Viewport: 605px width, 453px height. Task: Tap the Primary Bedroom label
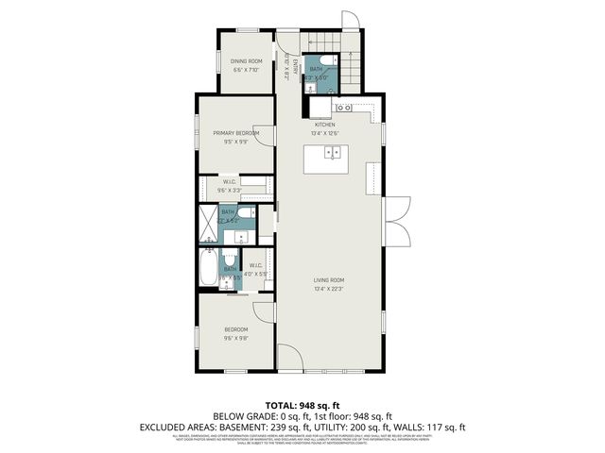pyautogui.click(x=235, y=134)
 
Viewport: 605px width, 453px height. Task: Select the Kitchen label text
pyautogui.click(x=325, y=124)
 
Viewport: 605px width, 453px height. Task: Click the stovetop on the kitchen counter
pyautogui.click(x=343, y=108)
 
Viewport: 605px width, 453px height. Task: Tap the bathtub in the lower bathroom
pyautogui.click(x=207, y=268)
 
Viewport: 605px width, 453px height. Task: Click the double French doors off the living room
pyautogui.click(x=398, y=218)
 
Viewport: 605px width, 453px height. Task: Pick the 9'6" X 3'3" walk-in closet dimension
pyautogui.click(x=230, y=191)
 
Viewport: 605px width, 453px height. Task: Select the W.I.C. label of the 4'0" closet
pyautogui.click(x=255, y=265)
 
